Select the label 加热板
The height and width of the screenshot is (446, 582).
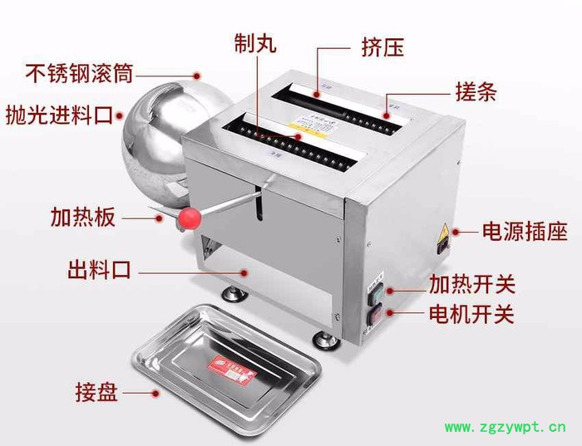(82, 218)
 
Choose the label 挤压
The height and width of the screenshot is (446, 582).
(382, 47)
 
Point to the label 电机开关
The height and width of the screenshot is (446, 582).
(471, 314)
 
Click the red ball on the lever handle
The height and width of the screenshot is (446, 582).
(188, 218)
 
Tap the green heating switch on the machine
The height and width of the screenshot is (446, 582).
(375, 292)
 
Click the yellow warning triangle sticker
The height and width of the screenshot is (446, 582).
(444, 232)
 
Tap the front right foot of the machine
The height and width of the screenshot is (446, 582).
(323, 336)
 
